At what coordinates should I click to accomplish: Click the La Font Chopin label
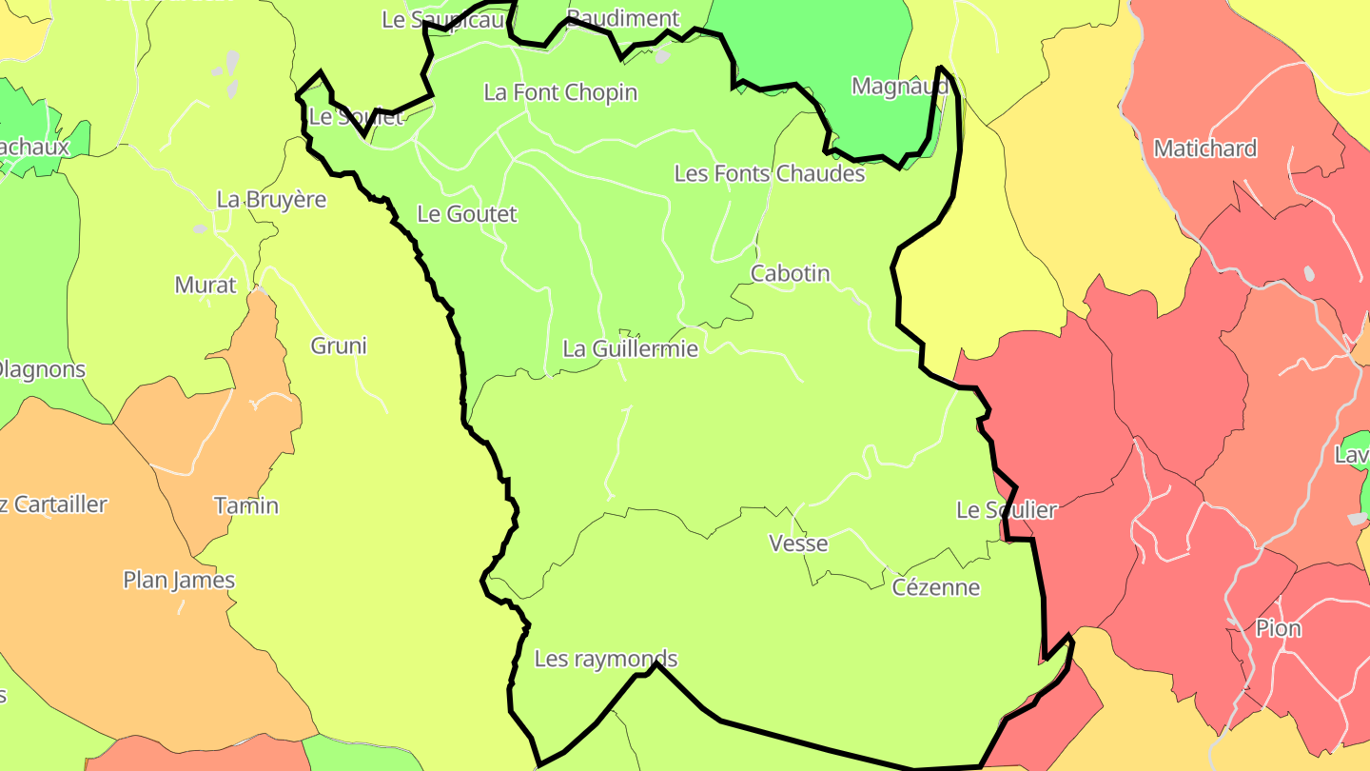coord(560,92)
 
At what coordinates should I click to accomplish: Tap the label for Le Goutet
coord(467,214)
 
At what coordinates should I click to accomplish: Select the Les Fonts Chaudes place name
coord(769,173)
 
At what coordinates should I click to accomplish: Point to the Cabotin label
coord(790,273)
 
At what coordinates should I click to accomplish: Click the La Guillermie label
coord(630,348)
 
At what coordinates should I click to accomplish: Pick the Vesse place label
coord(798,544)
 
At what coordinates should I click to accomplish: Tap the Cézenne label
coord(935,586)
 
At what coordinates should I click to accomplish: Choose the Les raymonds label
coord(606,658)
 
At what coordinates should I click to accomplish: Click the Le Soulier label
coord(1006,510)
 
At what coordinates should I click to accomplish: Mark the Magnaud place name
coord(899,86)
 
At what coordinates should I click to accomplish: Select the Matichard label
coord(1204,148)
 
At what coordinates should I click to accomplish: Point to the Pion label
coord(1278,628)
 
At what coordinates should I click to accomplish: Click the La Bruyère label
coord(271,200)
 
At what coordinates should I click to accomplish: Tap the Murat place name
coord(205,285)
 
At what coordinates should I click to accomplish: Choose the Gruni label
coord(339,346)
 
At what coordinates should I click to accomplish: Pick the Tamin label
coord(246,504)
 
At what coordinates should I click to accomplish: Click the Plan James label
coord(179,580)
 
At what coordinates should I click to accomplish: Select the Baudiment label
coord(623,18)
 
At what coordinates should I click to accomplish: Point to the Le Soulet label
coord(357,117)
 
